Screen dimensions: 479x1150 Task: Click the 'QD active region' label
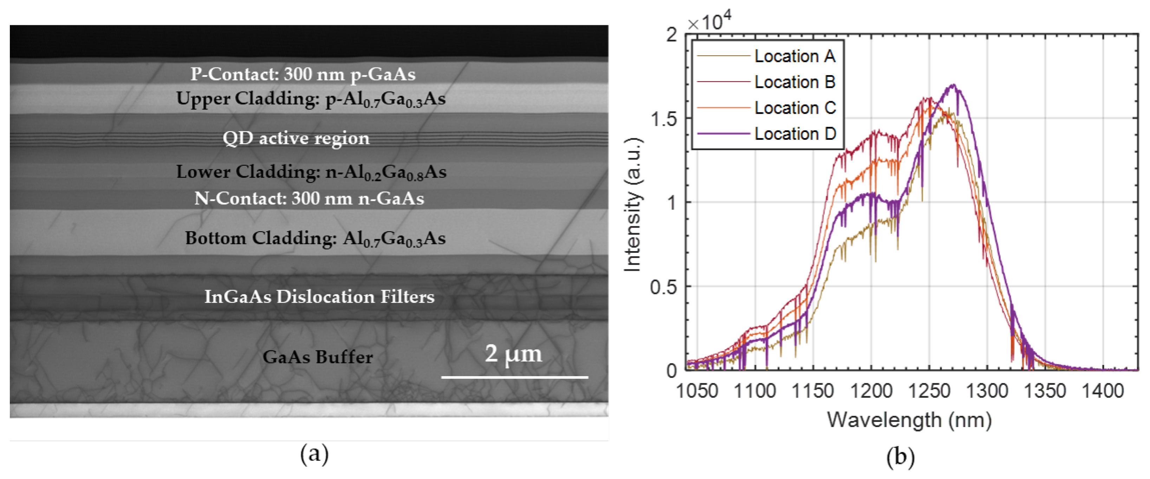coord(296,138)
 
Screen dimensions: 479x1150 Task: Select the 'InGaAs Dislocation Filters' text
coord(319,297)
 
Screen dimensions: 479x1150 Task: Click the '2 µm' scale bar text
coord(513,354)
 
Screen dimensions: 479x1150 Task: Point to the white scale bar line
coord(514,377)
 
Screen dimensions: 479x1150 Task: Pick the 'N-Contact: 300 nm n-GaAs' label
coord(309,198)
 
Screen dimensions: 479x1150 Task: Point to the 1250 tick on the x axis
coord(929,391)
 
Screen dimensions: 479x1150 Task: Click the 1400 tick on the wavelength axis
coord(1103,391)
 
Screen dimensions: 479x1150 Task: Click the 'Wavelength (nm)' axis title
coord(909,420)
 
